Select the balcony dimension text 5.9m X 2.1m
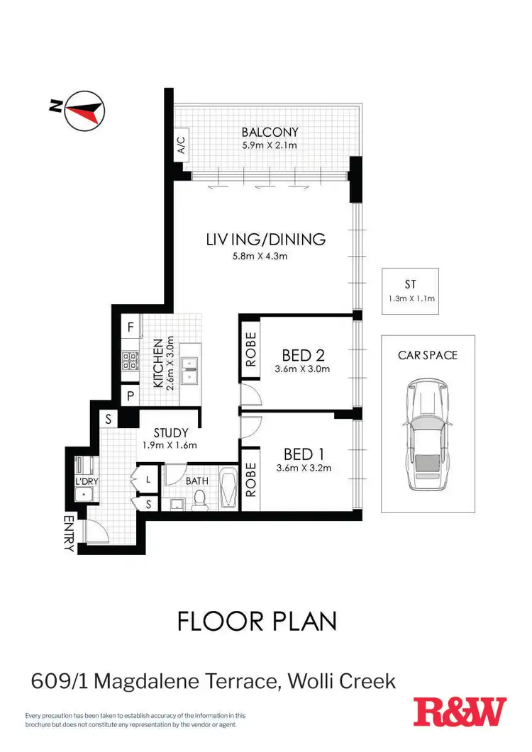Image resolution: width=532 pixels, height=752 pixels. (270, 145)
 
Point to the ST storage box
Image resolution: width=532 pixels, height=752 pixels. (410, 291)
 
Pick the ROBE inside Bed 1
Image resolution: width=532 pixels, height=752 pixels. (251, 478)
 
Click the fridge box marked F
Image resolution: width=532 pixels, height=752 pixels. (131, 327)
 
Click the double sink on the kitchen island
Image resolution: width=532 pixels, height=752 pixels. (190, 364)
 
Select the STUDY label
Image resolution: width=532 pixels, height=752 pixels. (171, 432)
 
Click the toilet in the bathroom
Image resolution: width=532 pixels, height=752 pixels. (199, 500)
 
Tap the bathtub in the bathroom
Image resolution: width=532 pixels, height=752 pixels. (229, 488)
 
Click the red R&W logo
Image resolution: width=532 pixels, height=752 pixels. (460, 712)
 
